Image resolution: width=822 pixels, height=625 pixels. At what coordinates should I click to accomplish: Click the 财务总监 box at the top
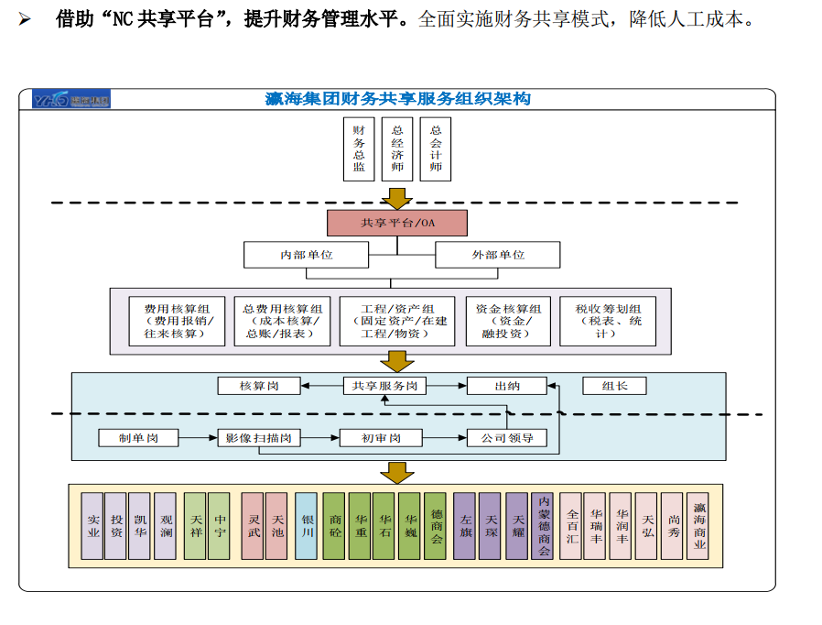click(359, 149)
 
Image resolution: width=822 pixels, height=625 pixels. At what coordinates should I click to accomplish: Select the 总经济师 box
click(397, 149)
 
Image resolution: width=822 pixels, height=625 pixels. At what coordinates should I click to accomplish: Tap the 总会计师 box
click(436, 149)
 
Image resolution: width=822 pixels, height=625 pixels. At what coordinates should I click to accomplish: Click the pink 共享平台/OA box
click(397, 223)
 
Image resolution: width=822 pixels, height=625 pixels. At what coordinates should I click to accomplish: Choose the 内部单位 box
click(307, 255)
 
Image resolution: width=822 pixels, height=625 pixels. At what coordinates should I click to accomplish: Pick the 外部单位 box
click(498, 255)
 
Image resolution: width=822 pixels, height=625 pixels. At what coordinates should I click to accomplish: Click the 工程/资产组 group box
click(397, 321)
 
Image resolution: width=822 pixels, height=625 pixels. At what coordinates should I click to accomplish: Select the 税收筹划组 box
click(608, 321)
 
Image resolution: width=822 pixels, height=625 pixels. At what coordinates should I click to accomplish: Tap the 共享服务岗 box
click(385, 386)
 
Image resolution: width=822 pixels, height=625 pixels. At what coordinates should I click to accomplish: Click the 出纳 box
click(507, 386)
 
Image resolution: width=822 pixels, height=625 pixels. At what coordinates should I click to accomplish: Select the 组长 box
click(614, 386)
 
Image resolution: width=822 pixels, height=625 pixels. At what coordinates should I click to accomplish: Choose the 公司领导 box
click(507, 438)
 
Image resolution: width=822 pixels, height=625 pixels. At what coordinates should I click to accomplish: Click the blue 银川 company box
click(307, 526)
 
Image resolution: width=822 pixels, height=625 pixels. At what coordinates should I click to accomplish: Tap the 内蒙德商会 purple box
click(542, 526)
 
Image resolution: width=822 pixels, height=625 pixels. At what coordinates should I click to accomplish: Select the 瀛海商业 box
click(698, 526)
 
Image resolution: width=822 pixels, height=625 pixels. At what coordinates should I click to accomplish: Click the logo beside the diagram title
click(71, 100)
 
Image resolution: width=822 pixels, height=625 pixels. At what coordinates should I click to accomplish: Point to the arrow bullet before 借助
click(26, 18)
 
